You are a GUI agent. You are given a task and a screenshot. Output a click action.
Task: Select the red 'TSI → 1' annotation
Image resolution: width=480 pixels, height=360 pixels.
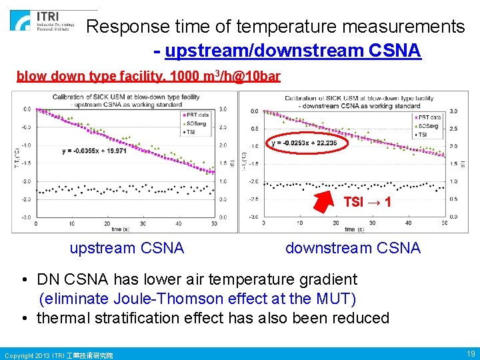tap(367, 201)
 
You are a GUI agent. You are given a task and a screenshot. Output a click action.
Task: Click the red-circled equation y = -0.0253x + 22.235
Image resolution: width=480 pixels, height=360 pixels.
tap(303, 143)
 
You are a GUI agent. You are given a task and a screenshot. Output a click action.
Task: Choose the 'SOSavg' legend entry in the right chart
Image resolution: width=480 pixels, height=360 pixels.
tap(427, 125)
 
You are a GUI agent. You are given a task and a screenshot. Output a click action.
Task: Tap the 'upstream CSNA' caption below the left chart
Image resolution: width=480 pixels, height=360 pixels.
tap(127, 249)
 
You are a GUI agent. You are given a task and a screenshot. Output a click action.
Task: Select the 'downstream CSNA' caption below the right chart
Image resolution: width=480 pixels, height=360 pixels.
tap(353, 249)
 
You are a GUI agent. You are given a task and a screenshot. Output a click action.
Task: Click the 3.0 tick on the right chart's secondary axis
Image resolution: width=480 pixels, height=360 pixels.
tap(454, 111)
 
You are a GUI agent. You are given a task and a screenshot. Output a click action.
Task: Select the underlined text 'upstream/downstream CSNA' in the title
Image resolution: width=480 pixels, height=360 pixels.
tap(293, 51)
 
